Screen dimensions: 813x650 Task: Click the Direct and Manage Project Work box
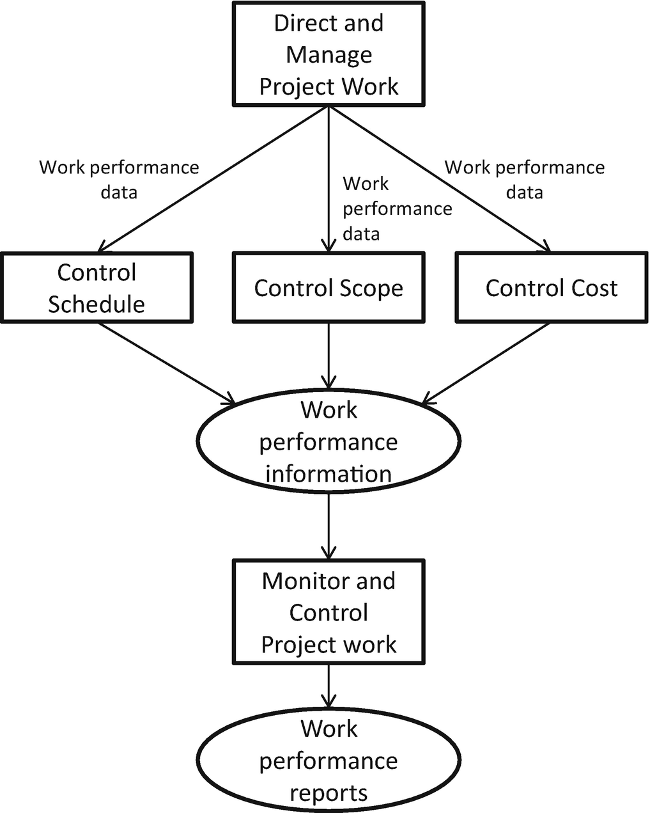(329, 54)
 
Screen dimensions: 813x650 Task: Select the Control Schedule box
(97, 288)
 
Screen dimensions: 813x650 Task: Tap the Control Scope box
(329, 287)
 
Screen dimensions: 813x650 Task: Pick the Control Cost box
(551, 287)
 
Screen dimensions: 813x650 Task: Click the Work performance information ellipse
(329, 441)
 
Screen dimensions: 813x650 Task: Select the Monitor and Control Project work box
(329, 612)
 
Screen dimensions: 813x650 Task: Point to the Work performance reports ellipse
(329, 761)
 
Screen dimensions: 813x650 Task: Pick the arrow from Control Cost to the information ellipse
(486, 363)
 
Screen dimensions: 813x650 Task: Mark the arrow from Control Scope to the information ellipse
(329, 355)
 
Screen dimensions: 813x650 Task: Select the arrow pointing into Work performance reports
(329, 686)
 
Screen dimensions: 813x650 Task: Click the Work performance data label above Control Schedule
(120, 179)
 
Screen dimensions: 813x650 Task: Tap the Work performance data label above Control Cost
(525, 179)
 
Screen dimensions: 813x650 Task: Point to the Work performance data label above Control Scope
(396, 209)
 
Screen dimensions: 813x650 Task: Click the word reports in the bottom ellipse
(329, 793)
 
